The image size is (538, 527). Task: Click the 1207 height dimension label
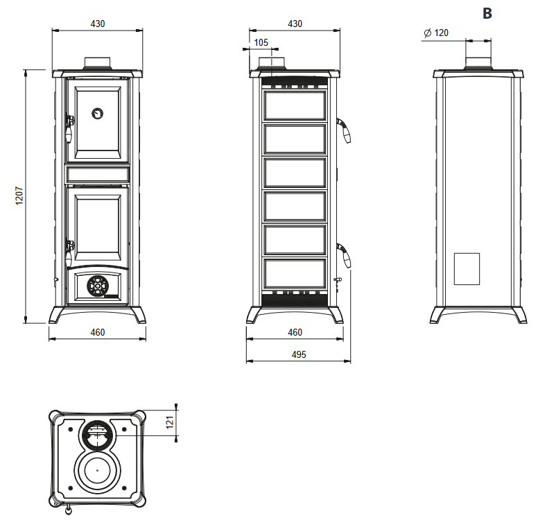(20, 196)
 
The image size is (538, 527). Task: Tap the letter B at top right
(487, 13)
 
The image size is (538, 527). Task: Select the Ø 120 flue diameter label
(435, 33)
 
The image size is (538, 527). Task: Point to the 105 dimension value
(261, 42)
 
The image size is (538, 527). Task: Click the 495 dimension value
(295, 354)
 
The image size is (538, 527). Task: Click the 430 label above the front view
(98, 24)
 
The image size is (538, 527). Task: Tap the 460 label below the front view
(98, 332)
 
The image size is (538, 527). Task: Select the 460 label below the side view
(295, 332)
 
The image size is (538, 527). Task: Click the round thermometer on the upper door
(98, 112)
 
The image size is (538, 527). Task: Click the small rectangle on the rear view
(467, 269)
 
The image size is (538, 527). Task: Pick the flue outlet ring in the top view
(98, 435)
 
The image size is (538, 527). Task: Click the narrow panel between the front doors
(98, 173)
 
